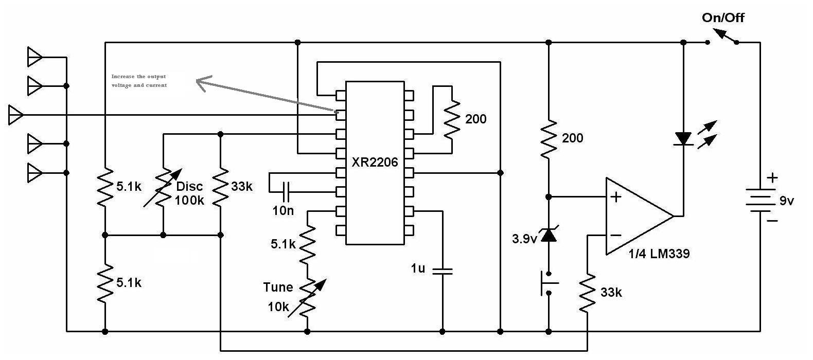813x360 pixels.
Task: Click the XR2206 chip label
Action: tap(375, 162)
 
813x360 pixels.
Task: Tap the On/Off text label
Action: tap(723, 17)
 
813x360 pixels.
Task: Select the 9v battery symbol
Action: tap(760, 200)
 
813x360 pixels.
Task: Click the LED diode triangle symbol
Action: tap(683, 139)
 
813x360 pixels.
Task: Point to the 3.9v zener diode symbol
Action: tap(549, 235)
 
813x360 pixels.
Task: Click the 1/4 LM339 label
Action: tap(659, 254)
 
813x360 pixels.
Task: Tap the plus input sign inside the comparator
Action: tap(616, 197)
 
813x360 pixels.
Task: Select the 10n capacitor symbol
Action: tap(286, 192)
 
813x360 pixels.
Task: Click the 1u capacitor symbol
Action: tap(443, 271)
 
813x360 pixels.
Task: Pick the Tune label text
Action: tap(278, 287)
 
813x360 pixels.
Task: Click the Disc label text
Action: tap(189, 187)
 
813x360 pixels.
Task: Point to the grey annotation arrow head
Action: tap(203, 83)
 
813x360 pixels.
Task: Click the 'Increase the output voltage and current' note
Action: tap(139, 81)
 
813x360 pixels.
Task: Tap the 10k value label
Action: tap(278, 307)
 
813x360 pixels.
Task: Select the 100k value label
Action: tap(189, 201)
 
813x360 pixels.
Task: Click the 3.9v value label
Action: tap(524, 239)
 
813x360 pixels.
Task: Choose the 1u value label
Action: tap(418, 268)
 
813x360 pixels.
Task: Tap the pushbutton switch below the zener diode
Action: tap(549, 283)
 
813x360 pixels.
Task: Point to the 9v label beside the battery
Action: tap(787, 201)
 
